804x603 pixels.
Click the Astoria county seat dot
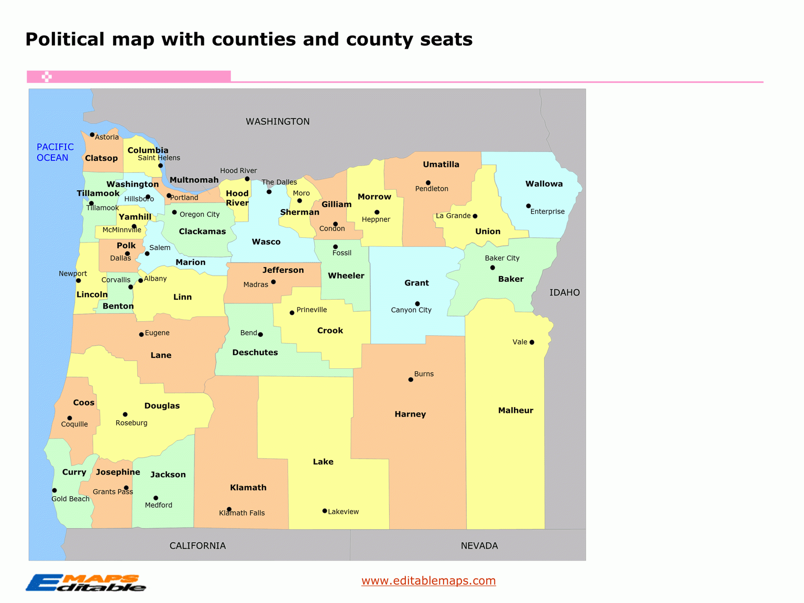[x=92, y=135]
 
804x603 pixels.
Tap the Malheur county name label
[x=515, y=410]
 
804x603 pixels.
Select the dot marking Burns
[x=411, y=380]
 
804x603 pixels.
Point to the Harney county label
[x=410, y=414]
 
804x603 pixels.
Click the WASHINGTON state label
[x=278, y=122]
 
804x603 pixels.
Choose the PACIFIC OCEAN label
[x=54, y=152]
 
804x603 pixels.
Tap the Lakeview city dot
[x=325, y=511]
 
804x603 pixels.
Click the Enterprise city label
[x=547, y=212]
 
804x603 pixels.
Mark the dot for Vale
[x=532, y=342]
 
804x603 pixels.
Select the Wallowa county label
[x=544, y=184]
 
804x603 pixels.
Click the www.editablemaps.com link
[x=428, y=580]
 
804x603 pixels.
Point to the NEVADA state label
[x=479, y=546]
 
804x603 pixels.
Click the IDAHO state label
[x=564, y=293]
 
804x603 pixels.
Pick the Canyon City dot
[x=417, y=304]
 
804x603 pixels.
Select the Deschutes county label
[x=255, y=353]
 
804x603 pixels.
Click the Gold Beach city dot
[x=54, y=490]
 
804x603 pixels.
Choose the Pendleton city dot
[x=428, y=183]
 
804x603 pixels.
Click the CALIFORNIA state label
[x=197, y=546]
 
